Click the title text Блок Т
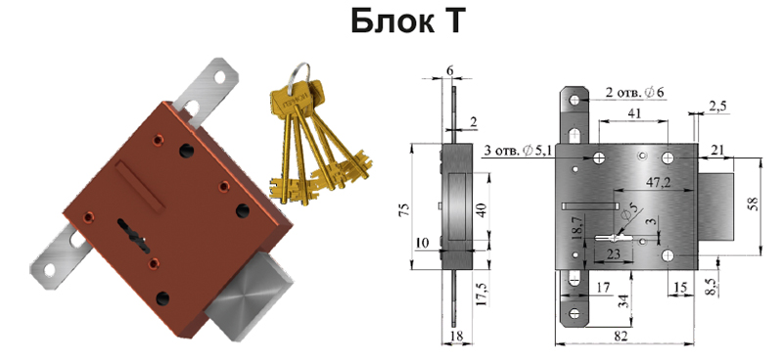coord(408,21)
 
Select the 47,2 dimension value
coord(658,183)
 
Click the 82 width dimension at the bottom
coord(621,337)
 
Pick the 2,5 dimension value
coord(717,107)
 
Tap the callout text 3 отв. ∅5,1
coord(518,151)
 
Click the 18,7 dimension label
coord(577,230)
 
